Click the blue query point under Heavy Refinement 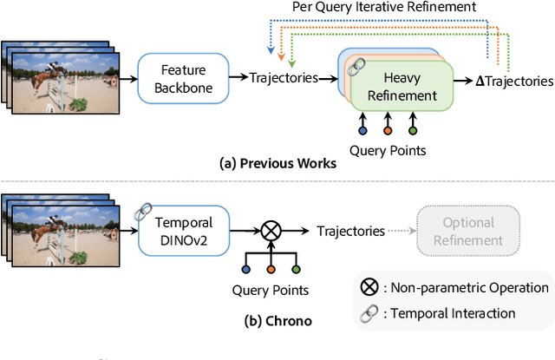tap(362, 131)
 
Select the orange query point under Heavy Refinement tap(388, 131)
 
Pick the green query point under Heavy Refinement tap(413, 131)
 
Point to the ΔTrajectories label tap(516, 81)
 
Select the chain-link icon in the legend tap(368, 312)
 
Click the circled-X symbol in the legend tap(368, 287)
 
